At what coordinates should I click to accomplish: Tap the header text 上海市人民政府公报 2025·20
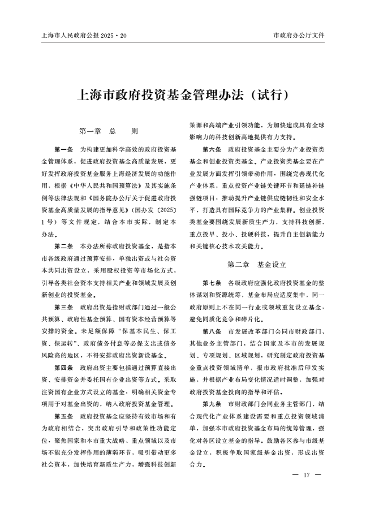coord(84,36)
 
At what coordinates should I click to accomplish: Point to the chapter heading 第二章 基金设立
coord(257,264)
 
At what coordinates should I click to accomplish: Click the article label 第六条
coord(213,149)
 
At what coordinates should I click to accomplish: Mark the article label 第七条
coord(213,282)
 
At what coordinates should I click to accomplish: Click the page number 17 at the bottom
coord(307,474)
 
